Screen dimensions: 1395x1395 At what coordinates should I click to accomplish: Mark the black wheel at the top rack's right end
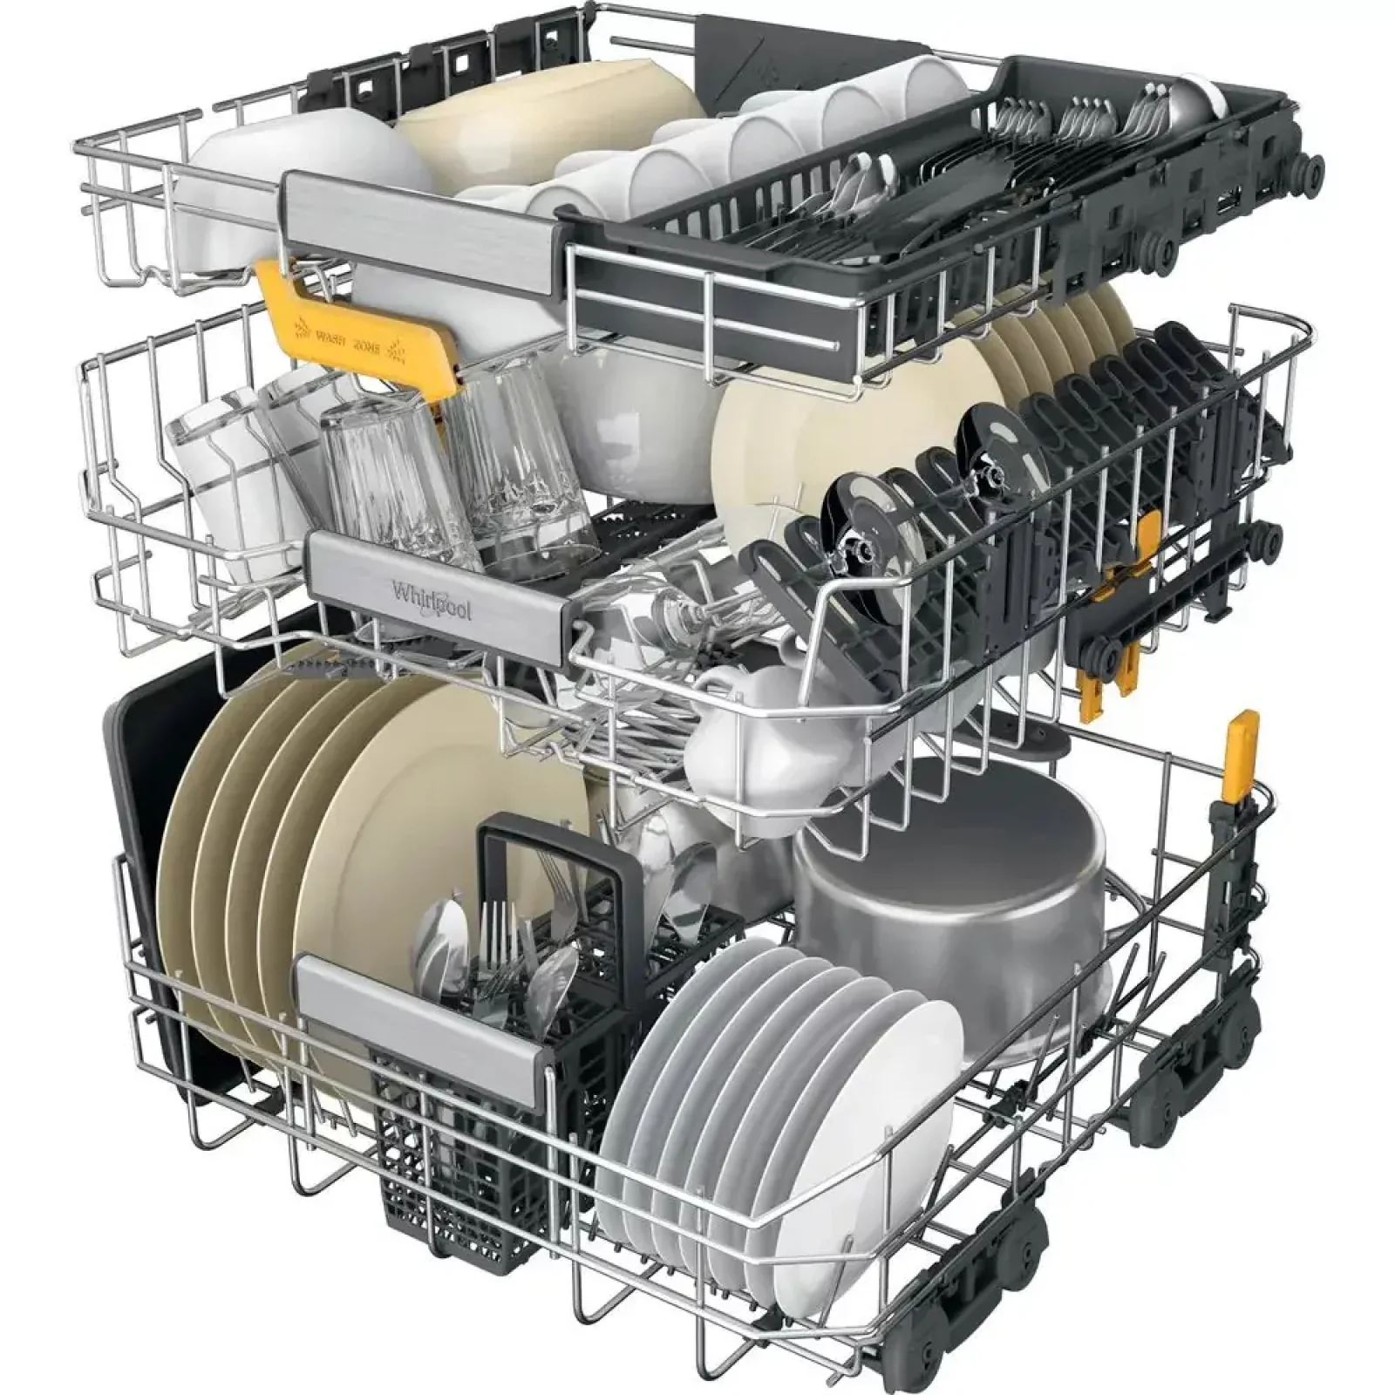pos(1308,167)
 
